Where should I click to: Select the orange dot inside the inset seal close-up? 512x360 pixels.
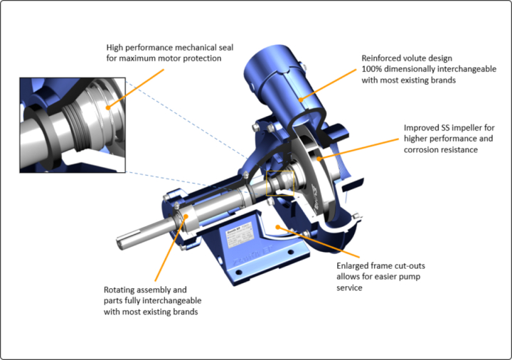pyautogui.click(x=108, y=107)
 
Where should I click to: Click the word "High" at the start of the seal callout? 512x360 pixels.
pyautogui.click(x=115, y=46)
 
